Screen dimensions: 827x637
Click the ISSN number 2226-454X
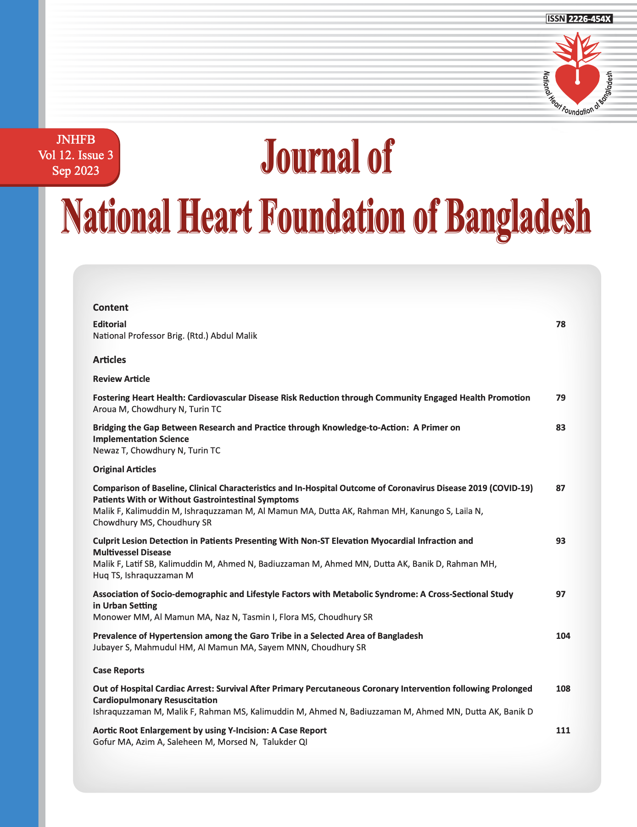click(590, 19)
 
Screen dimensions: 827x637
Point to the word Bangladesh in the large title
click(518, 217)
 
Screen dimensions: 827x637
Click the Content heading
click(111, 307)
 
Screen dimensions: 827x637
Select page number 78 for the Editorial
click(561, 324)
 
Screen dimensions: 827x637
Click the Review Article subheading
click(121, 379)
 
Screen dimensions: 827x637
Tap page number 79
click(561, 398)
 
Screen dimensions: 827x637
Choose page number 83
click(561, 428)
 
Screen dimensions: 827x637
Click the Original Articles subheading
click(124, 469)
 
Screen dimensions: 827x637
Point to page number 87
click(561, 488)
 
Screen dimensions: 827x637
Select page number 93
click(561, 541)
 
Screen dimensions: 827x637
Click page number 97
click(561, 594)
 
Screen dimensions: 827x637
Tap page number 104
click(563, 636)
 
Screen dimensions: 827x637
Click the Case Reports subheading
click(118, 671)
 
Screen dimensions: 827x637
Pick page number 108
click(563, 689)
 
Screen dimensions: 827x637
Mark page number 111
click(563, 731)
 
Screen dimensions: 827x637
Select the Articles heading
click(109, 360)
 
